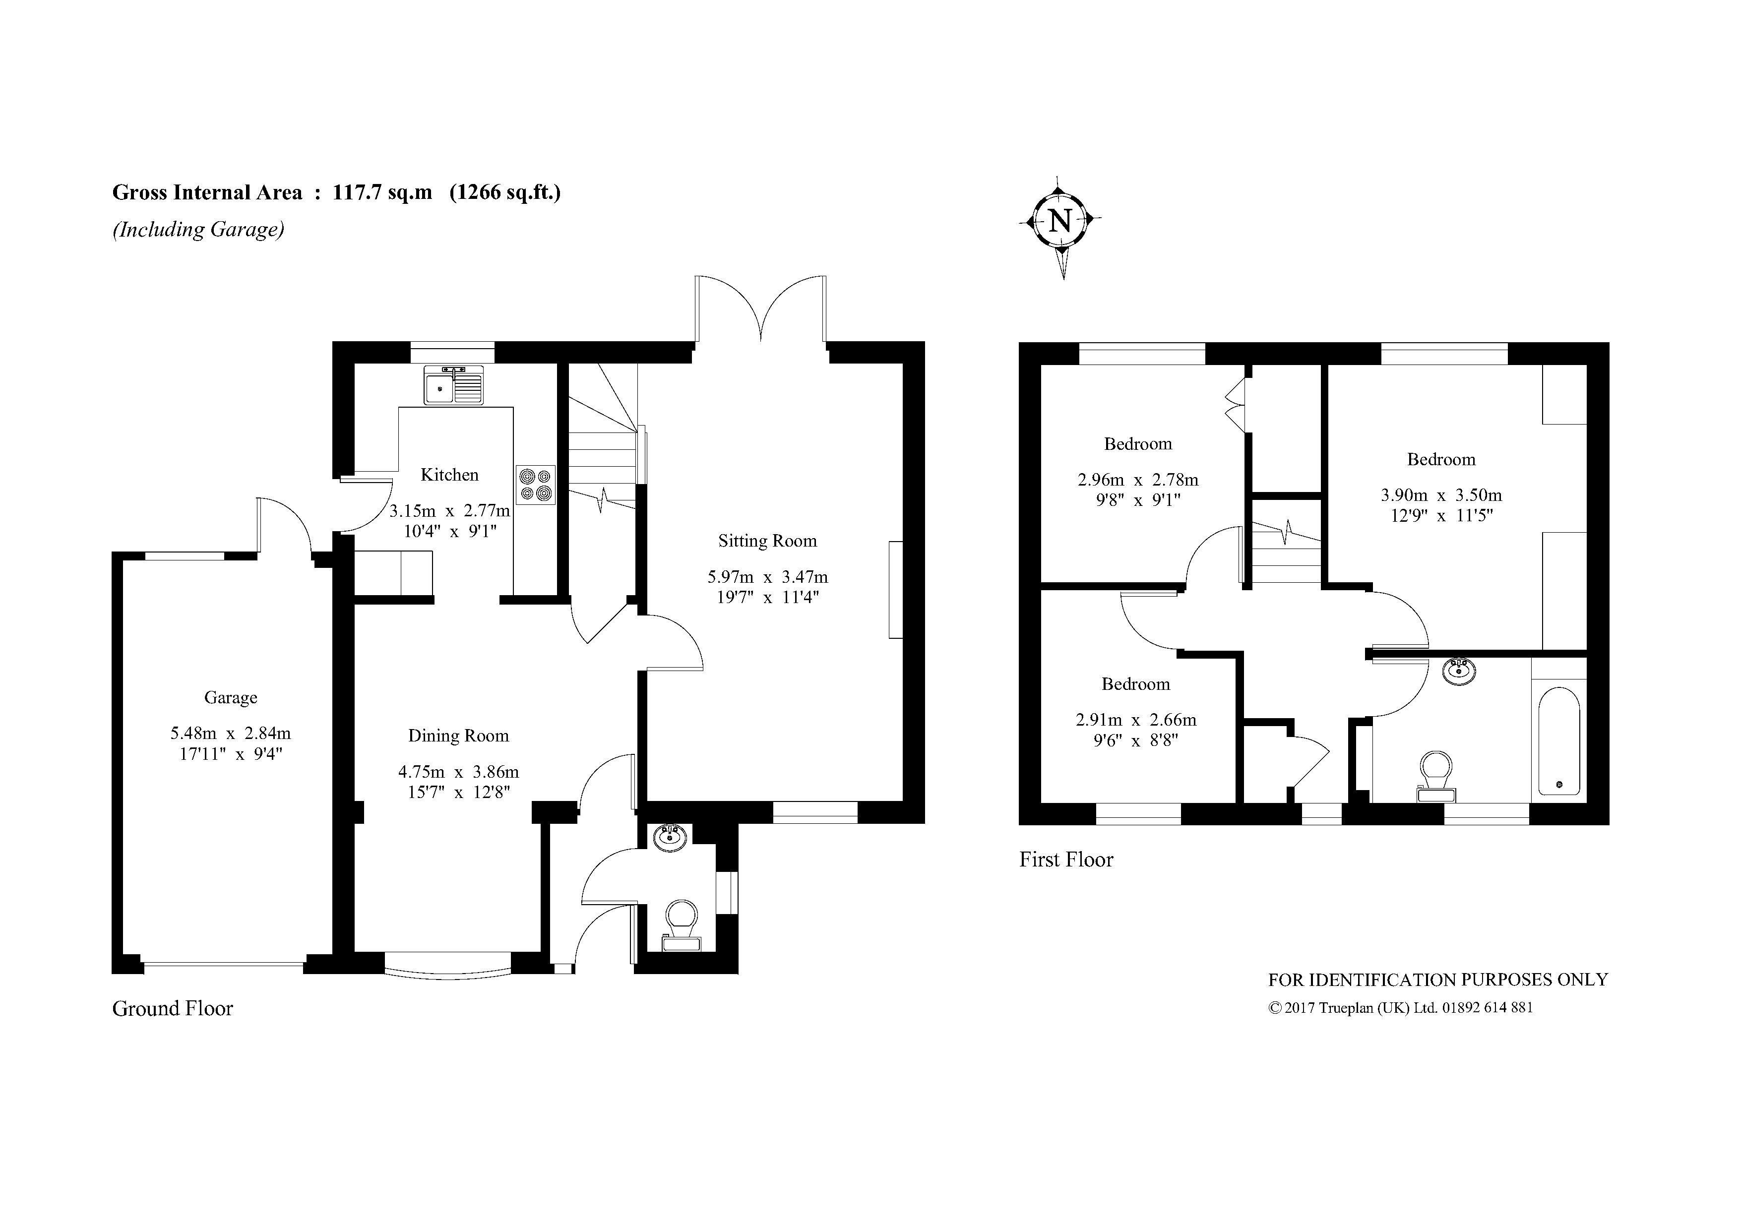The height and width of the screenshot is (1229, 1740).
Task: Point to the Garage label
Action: pos(230,698)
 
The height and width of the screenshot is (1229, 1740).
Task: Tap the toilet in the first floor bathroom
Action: pos(1436,776)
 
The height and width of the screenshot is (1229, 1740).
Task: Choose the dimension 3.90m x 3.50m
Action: pos(1440,495)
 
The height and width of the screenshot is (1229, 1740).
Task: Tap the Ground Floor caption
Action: pos(173,1008)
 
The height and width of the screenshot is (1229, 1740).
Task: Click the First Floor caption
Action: pos(1065,859)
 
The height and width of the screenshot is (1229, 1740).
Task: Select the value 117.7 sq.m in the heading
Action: pos(383,192)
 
